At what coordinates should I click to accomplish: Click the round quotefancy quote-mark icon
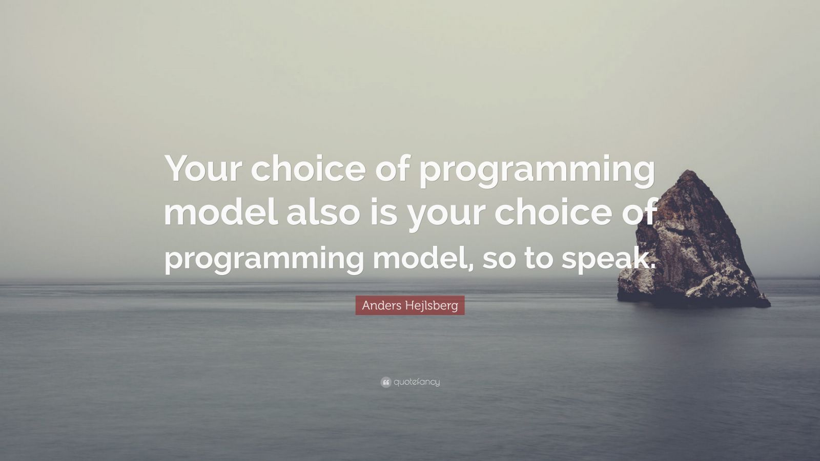pyautogui.click(x=385, y=382)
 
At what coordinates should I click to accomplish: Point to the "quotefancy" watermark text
pyautogui.click(x=417, y=382)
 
